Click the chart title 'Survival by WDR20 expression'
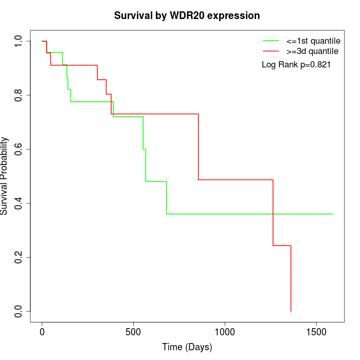187,16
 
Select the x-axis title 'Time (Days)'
187,348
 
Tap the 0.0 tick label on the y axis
19,311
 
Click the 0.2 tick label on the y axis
19,257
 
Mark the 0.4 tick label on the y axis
19,203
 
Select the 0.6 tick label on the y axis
19,149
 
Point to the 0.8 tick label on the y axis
19,95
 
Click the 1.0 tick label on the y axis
19,41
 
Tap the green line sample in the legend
271,41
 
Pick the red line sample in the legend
271,51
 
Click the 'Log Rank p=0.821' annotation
296,65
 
